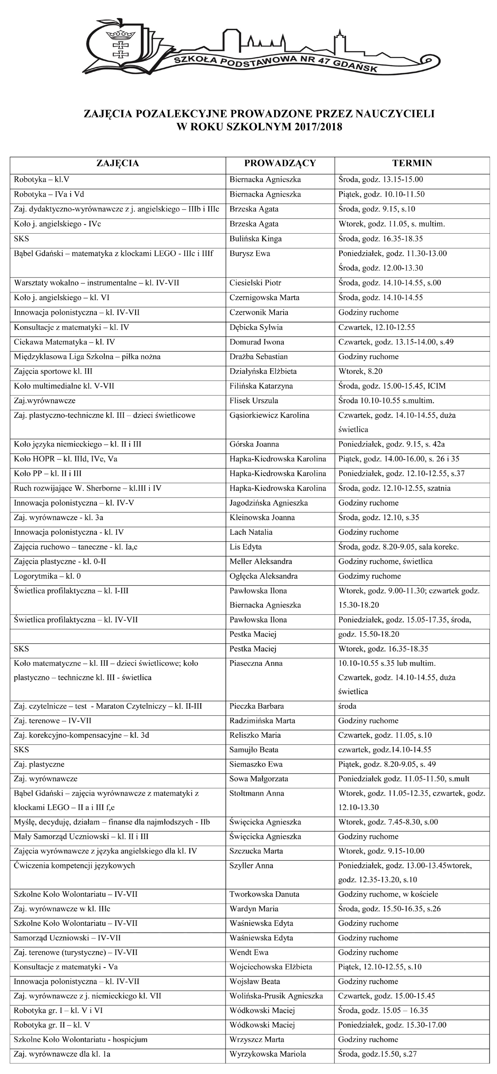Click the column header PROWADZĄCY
(280, 163)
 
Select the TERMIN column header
(412, 163)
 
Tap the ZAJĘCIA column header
(118, 163)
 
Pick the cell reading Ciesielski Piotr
(255, 283)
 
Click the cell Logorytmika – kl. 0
(47, 576)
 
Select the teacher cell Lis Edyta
(246, 547)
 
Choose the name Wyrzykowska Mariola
(268, 1054)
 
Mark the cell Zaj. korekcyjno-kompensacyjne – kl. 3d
(81, 735)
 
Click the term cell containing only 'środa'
(348, 706)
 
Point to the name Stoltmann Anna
(257, 793)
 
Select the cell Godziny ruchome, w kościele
(388, 894)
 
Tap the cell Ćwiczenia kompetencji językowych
(74, 865)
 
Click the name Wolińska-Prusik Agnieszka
(276, 995)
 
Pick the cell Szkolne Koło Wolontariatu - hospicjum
(80, 1039)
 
